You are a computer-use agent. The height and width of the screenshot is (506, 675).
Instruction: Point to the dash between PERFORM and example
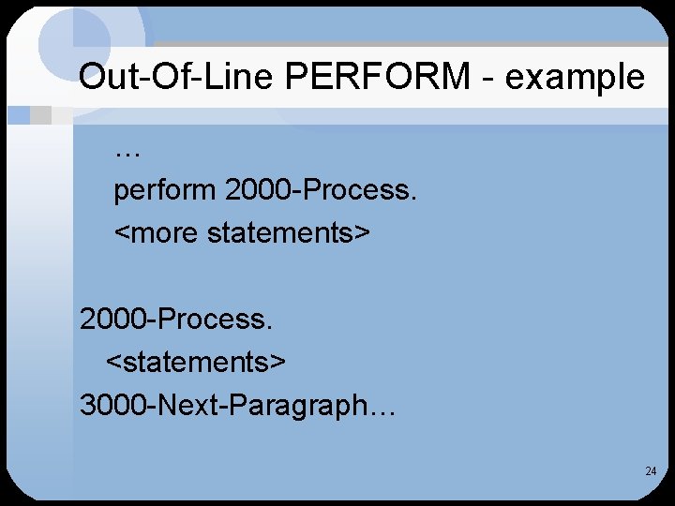488,78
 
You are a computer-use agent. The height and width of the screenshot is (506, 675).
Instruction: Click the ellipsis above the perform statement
126,151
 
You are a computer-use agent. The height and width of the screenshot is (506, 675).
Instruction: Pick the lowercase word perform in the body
165,191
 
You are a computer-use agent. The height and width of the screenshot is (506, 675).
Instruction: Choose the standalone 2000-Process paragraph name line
176,320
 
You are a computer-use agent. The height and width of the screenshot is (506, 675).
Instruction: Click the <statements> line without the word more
197,361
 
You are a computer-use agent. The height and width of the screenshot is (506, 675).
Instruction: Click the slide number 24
651,471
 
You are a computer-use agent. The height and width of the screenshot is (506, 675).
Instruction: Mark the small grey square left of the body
40,115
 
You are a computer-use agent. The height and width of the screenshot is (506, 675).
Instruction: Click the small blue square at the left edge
18,115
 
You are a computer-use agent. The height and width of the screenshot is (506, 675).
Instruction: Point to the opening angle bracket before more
122,232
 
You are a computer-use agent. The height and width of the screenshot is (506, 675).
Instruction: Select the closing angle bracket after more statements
365,232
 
